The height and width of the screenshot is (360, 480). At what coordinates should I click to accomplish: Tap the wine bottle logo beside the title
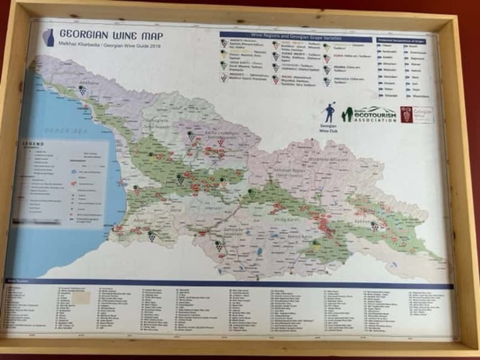(49, 38)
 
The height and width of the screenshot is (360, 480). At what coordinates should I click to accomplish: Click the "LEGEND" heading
(34, 145)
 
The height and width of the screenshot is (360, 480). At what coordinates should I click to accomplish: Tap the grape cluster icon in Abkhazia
(82, 90)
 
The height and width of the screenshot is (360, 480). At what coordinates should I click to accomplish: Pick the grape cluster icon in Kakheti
(376, 226)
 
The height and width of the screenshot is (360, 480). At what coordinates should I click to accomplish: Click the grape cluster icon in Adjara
(152, 236)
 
